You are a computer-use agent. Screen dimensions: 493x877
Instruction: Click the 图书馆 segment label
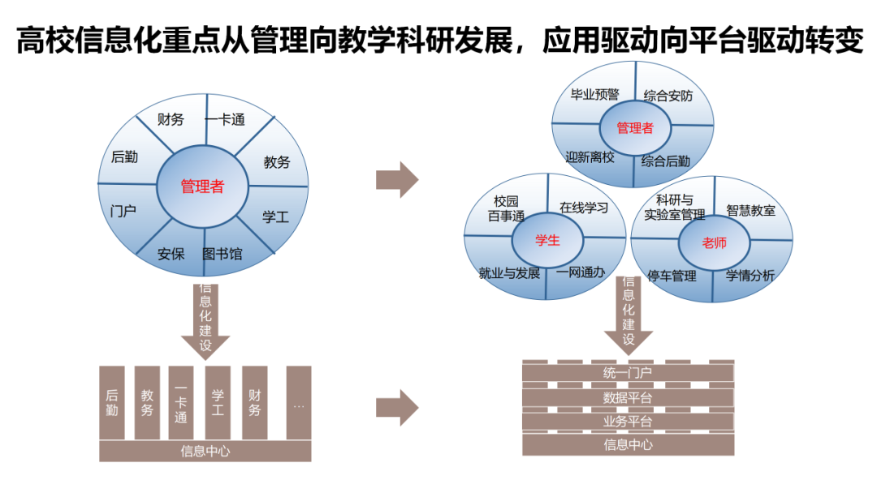(x=222, y=254)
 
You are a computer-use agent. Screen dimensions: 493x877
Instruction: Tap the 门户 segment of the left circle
(x=123, y=212)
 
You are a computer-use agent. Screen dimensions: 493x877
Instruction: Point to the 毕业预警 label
(x=594, y=95)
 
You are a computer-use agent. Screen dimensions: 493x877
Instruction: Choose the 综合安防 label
(x=668, y=96)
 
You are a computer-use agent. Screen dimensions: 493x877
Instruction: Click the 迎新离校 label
(x=590, y=157)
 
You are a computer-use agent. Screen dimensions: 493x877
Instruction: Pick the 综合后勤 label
(x=666, y=161)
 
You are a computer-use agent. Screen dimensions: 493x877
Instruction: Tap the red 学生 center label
(x=547, y=240)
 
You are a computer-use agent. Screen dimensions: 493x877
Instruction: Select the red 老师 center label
(x=715, y=242)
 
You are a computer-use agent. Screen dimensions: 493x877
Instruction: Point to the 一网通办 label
(x=581, y=272)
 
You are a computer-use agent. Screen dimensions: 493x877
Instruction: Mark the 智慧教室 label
(x=750, y=210)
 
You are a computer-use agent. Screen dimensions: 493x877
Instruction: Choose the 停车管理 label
(x=672, y=276)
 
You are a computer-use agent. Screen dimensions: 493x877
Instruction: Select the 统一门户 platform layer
(x=628, y=373)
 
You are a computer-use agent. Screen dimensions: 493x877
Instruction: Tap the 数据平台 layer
(x=628, y=398)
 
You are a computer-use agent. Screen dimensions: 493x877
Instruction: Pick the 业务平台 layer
(x=628, y=422)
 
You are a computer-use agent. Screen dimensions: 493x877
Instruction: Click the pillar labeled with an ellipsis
(x=299, y=403)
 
